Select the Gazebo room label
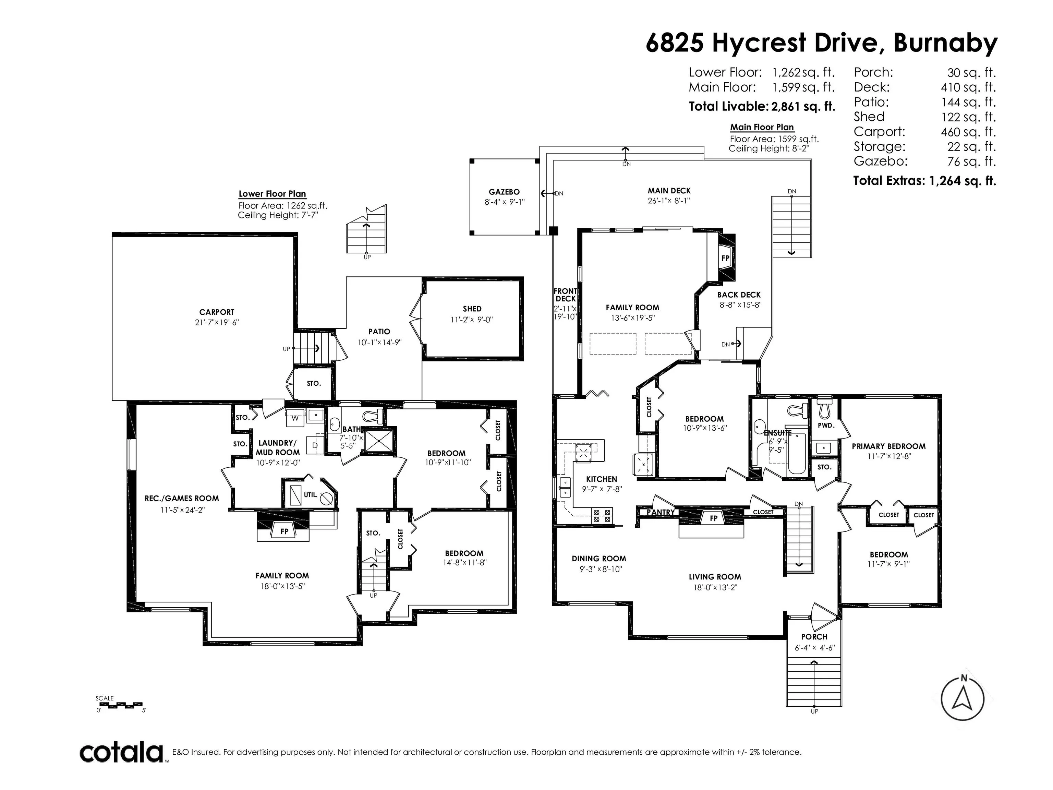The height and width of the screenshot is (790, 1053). [x=504, y=192]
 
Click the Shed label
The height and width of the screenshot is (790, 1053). [x=472, y=309]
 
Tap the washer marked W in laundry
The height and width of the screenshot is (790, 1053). [x=295, y=418]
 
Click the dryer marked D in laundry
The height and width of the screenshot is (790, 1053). [x=315, y=445]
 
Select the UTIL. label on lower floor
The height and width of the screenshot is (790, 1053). [x=310, y=495]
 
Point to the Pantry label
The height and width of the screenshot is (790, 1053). [x=661, y=512]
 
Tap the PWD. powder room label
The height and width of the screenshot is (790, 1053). [x=826, y=425]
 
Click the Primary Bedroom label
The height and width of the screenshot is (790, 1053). [x=888, y=446]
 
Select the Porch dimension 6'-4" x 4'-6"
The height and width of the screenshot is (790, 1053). [x=814, y=648]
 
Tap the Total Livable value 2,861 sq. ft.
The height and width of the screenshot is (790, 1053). [x=802, y=107]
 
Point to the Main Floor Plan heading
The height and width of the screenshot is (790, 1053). [x=762, y=127]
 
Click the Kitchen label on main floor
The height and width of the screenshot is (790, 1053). [x=601, y=479]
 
